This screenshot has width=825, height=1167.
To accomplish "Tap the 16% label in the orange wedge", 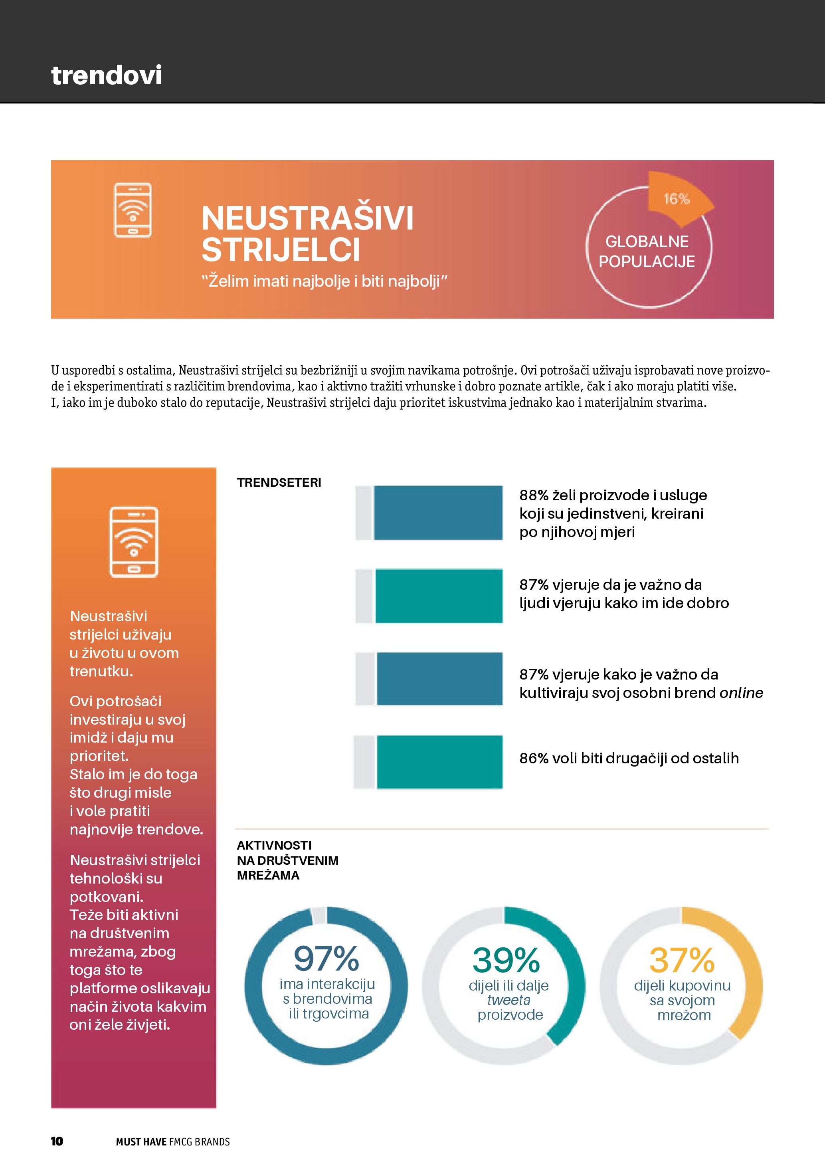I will pos(676,199).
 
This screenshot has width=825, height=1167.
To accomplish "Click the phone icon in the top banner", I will pos(133,210).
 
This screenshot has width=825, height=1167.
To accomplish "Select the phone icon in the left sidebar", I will pos(134,542).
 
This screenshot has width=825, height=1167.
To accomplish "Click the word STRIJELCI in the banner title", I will pos(281,250).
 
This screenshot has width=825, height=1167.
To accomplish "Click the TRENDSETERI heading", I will pos(279,482).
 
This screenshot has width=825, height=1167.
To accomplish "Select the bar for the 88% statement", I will pos(438,512).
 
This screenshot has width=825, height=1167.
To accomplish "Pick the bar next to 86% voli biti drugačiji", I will pos(439,761).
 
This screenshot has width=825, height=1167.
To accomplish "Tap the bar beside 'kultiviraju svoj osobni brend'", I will pos(439,679).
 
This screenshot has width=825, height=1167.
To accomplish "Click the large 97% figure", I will pos(326,959).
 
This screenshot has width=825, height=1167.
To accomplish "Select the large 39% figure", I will pos(506,960).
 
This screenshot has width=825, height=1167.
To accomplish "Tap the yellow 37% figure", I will pos(682,960).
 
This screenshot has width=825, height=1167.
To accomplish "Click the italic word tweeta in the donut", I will pos(508,1000).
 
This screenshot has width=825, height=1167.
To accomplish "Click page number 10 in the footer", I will pos(57,1141).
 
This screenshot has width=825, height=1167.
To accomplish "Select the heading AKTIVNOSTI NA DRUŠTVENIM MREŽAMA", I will pos(287,860).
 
